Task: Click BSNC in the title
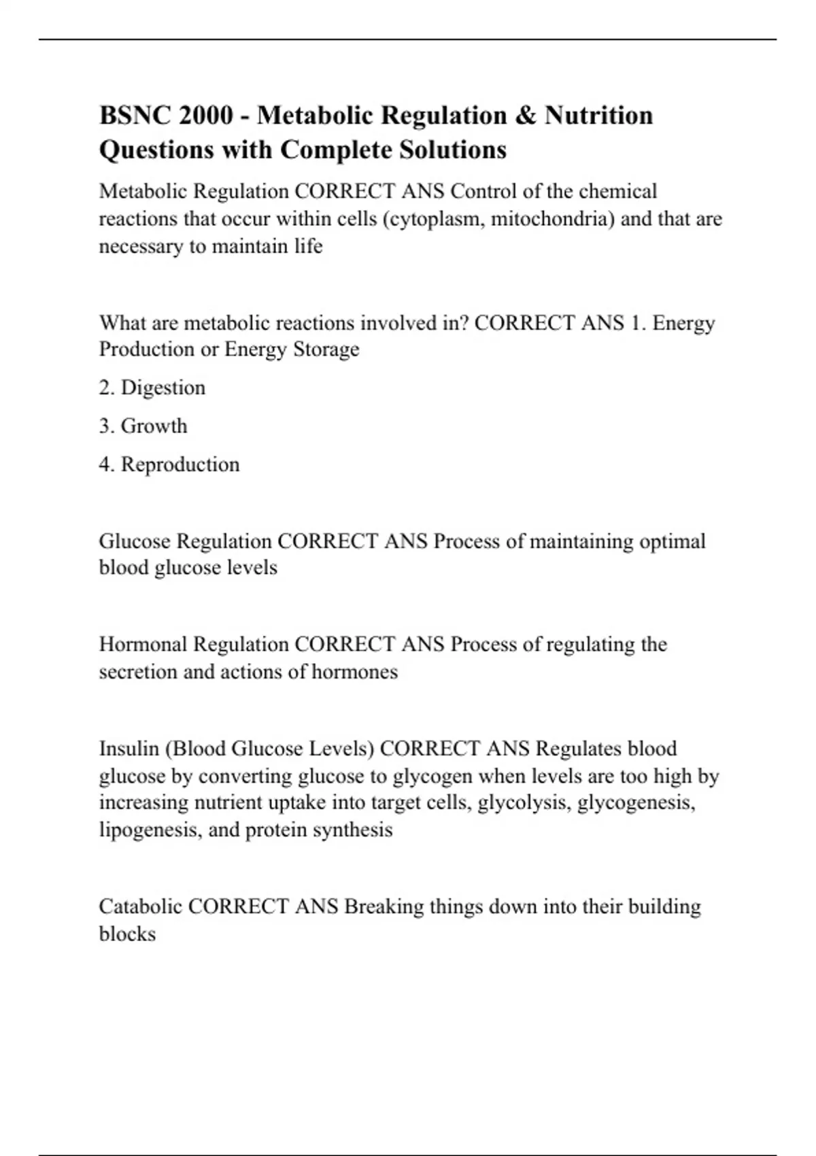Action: click(x=135, y=116)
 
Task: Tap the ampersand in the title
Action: click(x=526, y=116)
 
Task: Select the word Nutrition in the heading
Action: click(x=598, y=116)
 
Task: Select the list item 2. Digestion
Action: click(x=152, y=388)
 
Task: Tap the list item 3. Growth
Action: click(x=143, y=426)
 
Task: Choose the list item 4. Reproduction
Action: click(x=169, y=464)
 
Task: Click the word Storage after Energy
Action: click(x=326, y=350)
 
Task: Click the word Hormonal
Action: click(x=143, y=644)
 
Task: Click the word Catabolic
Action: click(x=140, y=906)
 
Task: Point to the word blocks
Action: click(x=127, y=934)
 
